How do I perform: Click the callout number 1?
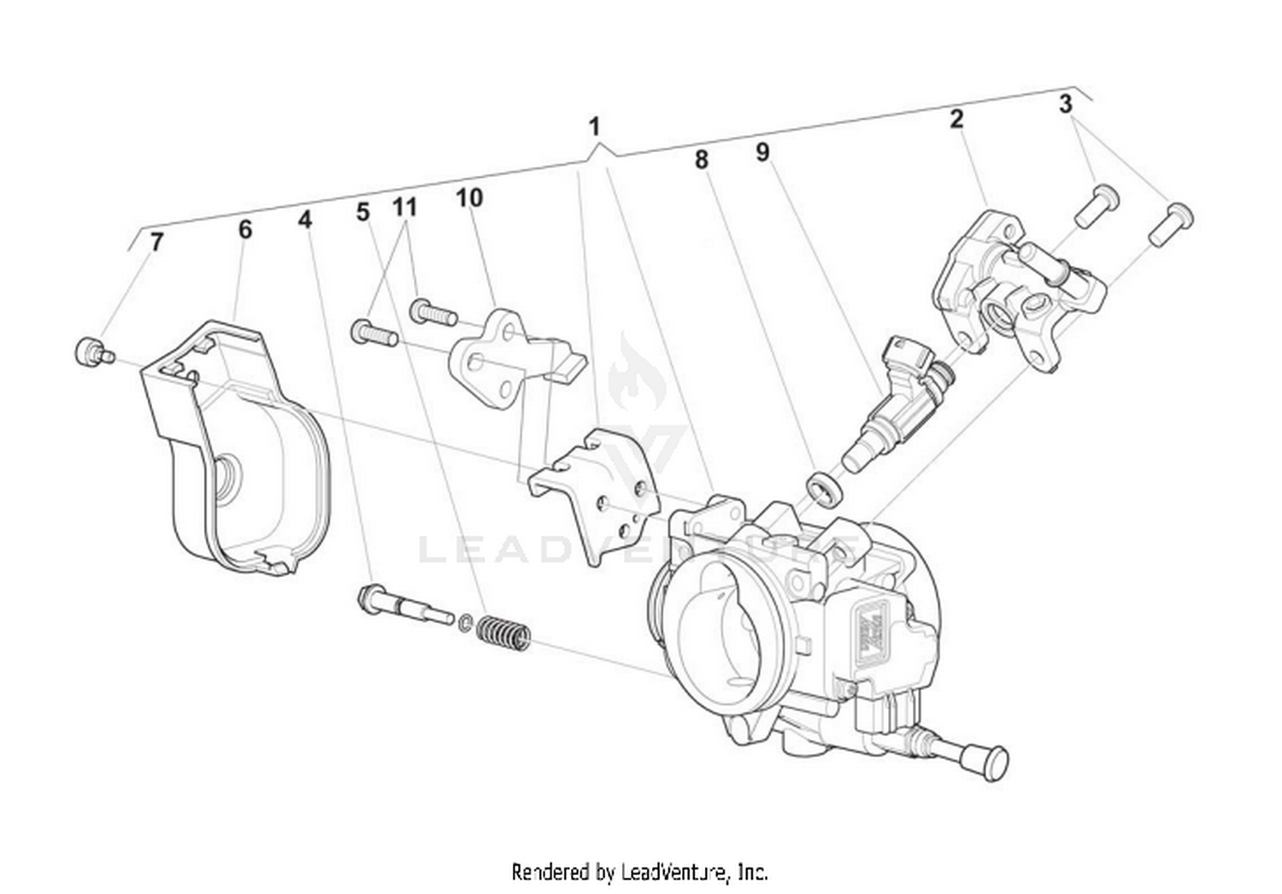pos(594,127)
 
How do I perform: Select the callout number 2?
pos(956,118)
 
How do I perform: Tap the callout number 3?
pos(1065,104)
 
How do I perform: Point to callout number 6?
pos(245,229)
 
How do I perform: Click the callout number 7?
pos(156,242)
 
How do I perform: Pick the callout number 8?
pos(701,160)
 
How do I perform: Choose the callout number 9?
pos(762,152)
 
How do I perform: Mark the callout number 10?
pos(469,198)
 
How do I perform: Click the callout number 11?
pos(404,207)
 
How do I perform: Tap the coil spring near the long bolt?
pos(504,632)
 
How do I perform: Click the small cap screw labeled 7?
pos(90,352)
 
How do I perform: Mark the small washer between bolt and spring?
pos(465,622)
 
